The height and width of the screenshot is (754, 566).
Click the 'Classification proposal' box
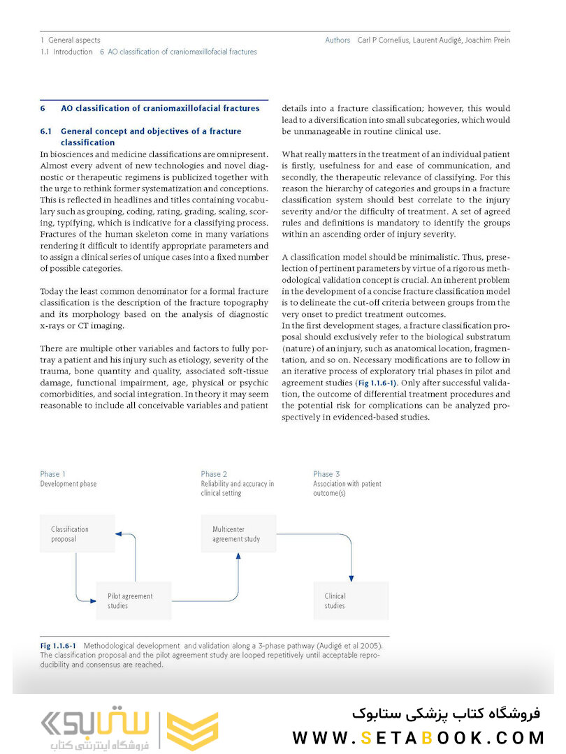click(x=77, y=534)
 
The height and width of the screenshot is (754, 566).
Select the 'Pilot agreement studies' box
click(x=133, y=600)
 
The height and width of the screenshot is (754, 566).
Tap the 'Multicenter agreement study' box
click(x=238, y=534)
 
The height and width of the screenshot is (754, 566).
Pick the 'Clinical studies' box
click(x=350, y=600)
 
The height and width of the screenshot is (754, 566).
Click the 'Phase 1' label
click(x=53, y=474)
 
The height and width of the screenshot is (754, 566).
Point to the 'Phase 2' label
click(x=214, y=474)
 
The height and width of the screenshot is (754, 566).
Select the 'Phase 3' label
click(x=326, y=474)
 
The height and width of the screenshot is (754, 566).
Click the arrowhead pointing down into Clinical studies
click(x=351, y=577)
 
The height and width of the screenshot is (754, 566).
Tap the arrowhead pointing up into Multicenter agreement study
click(x=238, y=556)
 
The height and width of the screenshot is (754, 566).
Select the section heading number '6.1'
click(x=46, y=131)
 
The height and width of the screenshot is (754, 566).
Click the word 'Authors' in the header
click(x=338, y=40)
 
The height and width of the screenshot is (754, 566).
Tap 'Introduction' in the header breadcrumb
click(x=73, y=52)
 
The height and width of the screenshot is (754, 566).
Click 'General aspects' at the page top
click(x=74, y=40)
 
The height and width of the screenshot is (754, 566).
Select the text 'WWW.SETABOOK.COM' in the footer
click(x=418, y=737)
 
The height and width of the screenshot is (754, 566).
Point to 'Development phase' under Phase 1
click(x=68, y=484)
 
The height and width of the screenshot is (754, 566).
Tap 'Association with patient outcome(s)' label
click(x=347, y=488)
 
